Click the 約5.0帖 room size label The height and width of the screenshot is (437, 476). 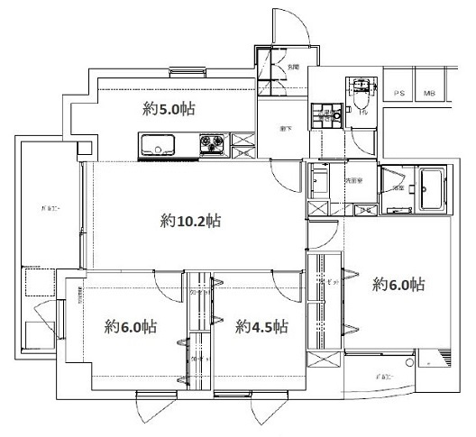tap(169, 111)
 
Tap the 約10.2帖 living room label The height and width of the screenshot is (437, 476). tap(192, 220)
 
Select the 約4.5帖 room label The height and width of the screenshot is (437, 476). tap(261, 326)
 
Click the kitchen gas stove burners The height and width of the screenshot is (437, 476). tap(214, 143)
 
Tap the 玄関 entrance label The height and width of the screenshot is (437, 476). tap(292, 68)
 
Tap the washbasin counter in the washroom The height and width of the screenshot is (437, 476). tap(321, 186)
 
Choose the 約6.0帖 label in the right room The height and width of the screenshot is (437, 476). tap(398, 286)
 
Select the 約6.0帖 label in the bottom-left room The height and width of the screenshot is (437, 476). tap(130, 326)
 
